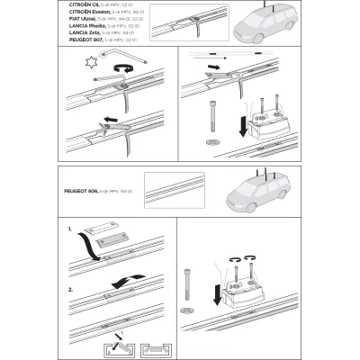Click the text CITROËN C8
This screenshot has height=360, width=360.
pos(84,4)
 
